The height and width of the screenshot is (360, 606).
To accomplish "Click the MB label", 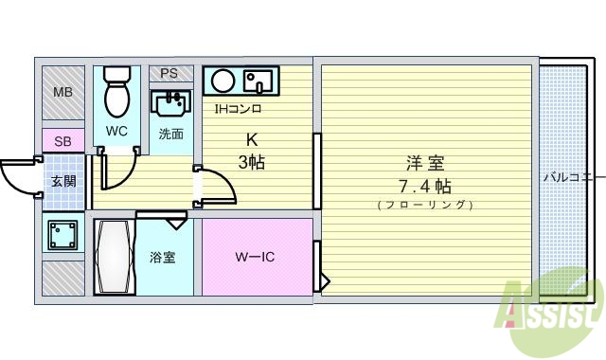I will (x=62, y=93).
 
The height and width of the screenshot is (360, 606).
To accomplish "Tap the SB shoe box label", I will (x=62, y=142).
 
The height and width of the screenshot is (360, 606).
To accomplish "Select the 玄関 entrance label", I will (x=62, y=182).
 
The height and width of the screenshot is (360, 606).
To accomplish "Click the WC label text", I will (x=116, y=131).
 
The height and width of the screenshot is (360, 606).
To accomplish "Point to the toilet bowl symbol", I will (x=117, y=90).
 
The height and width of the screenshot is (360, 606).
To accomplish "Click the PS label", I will (x=169, y=73).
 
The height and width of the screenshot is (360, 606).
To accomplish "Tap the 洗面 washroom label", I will (x=170, y=134).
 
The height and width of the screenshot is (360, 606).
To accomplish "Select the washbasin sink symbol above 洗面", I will (x=171, y=101).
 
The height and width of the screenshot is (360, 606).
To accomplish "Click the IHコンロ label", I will (x=239, y=108).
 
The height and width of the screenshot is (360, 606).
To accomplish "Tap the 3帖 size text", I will (x=251, y=162).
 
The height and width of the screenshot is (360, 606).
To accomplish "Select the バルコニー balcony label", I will (x=572, y=177).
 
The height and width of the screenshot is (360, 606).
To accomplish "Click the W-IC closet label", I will (x=255, y=257).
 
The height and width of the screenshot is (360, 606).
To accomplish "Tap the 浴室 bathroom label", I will (x=162, y=258).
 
